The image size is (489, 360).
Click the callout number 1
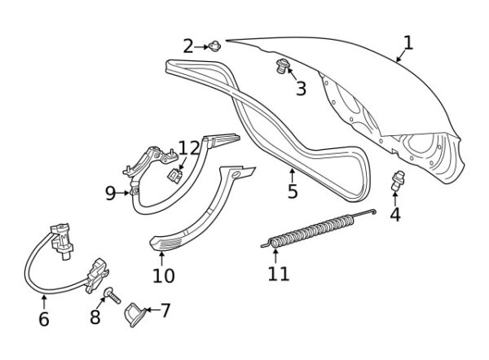pyautogui.click(x=408, y=43)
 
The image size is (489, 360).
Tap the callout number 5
pyautogui.click(x=293, y=191)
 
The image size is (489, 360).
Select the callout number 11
pyautogui.click(x=279, y=274)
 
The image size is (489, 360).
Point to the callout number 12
pyautogui.click(x=189, y=148)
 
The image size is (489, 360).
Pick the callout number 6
pyautogui.click(x=44, y=318)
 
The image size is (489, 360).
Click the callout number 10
pyautogui.click(x=164, y=275)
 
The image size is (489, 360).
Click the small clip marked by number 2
pyautogui.click(x=214, y=46)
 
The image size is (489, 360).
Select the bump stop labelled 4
pyautogui.click(x=398, y=181)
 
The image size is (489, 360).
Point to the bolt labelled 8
pyautogui.click(x=112, y=296)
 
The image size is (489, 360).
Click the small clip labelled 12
pyautogui.click(x=175, y=175)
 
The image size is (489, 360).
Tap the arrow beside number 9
pyautogui.click(x=122, y=193)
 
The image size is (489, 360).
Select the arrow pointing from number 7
pyautogui.click(x=153, y=310)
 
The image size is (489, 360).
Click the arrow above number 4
pyautogui.click(x=395, y=199)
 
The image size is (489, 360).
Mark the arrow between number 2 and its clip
pyautogui.click(x=201, y=47)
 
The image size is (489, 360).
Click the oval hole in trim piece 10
pyautogui.click(x=237, y=174)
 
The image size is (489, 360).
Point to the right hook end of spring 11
pyautogui.click(x=373, y=212)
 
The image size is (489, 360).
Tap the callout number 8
pyautogui.click(x=95, y=317)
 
